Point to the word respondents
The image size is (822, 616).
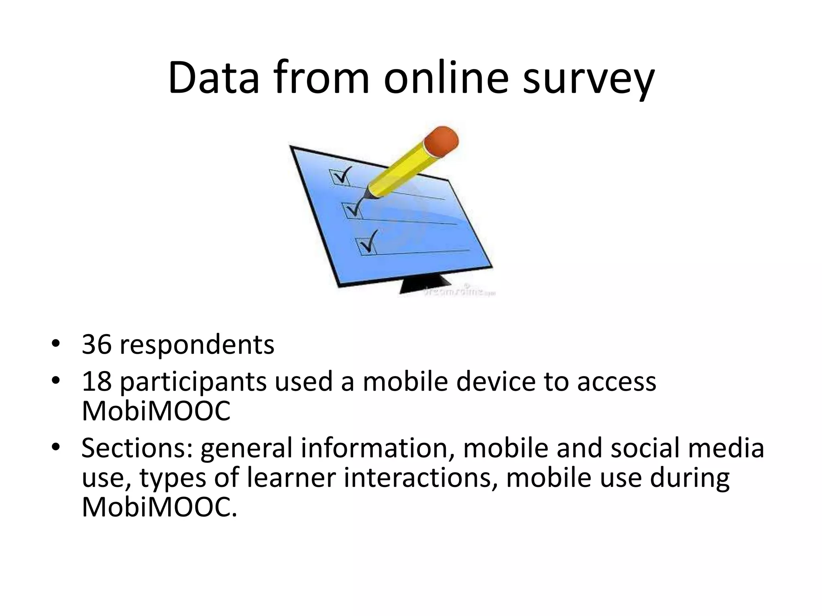tap(197, 345)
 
